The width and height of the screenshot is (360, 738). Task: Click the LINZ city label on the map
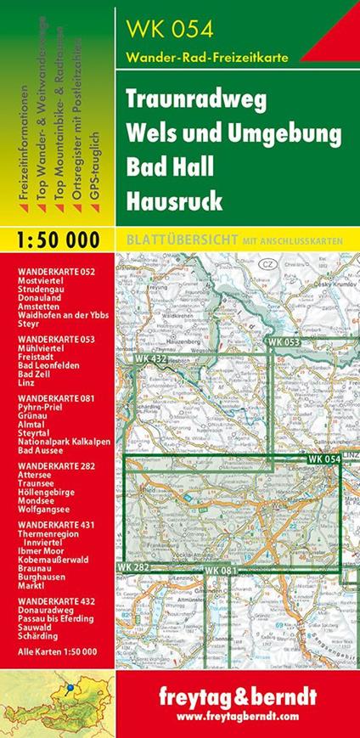tap(350, 459)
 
